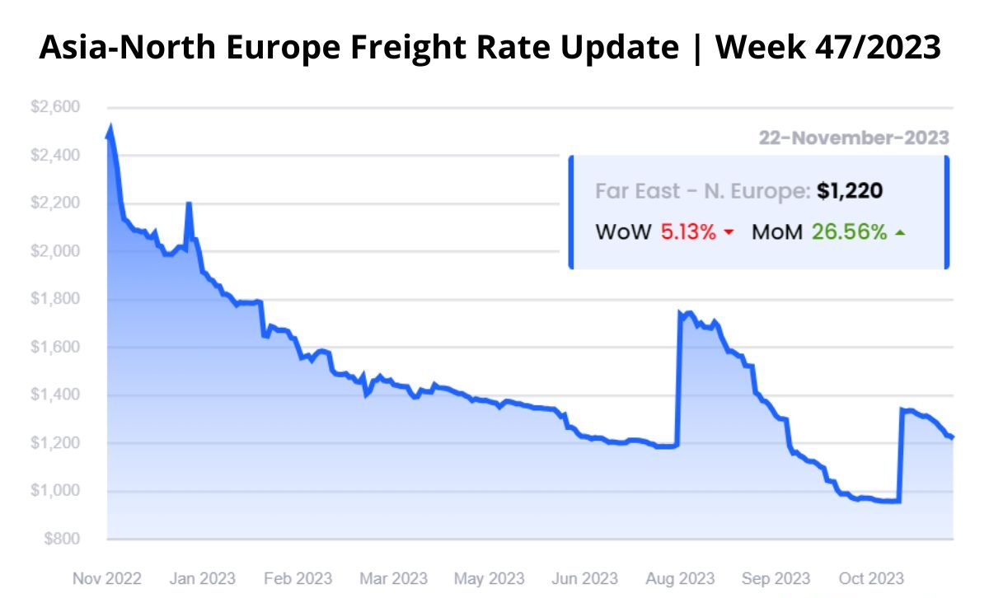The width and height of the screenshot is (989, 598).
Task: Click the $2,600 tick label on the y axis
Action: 55,107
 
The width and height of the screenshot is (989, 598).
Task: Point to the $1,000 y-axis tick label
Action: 55,491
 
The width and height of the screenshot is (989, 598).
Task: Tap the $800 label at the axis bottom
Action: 62,540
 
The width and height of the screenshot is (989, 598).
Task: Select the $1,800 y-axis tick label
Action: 55,299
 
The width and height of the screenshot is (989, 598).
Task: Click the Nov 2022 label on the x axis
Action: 107,578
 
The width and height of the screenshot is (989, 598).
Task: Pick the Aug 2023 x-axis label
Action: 680,578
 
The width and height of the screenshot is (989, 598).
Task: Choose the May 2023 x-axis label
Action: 488,578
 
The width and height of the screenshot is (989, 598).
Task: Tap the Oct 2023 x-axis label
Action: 870,578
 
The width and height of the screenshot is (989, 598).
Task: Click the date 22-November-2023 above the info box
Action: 854,138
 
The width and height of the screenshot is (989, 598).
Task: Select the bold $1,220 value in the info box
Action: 850,192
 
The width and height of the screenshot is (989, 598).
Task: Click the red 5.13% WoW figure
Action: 688,232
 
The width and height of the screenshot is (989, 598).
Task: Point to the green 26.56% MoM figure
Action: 849,232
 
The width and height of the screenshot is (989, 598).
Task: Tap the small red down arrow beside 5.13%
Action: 729,234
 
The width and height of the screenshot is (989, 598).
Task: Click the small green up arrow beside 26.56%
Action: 900,233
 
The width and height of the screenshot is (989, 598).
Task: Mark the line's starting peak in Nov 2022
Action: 110,128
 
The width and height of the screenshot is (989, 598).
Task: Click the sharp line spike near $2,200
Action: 189,203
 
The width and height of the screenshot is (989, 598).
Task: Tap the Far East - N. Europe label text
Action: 702,192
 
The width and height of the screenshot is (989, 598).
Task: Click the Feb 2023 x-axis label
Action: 297,578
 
